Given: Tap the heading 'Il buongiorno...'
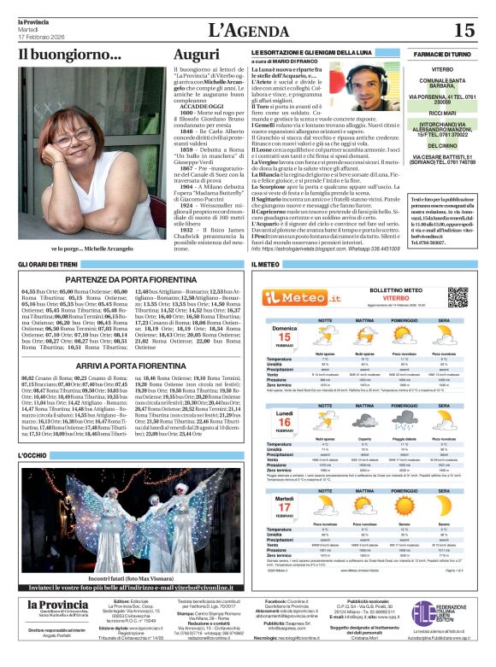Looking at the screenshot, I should (69, 55).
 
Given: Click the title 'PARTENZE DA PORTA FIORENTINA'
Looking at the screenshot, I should (126, 279).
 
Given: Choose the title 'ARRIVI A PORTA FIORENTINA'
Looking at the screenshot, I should (126, 365).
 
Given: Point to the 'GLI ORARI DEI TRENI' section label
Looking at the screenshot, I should (48, 265).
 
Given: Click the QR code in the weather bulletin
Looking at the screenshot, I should (458, 297).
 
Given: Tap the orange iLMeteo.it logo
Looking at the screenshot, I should (295, 296).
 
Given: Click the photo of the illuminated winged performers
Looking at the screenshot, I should (126, 512).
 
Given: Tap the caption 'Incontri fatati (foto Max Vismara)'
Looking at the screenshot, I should (126, 578).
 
